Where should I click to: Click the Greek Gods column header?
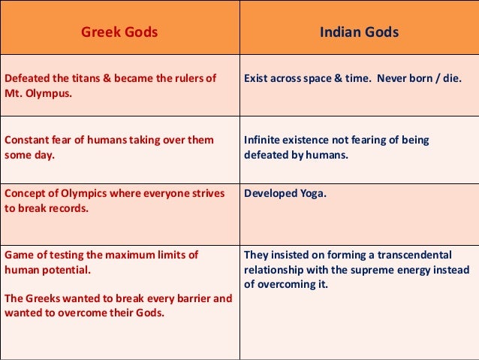tap(119, 32)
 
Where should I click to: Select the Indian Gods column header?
tap(359, 32)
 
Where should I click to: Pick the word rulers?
tap(189, 78)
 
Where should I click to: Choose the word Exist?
tap(258, 78)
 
